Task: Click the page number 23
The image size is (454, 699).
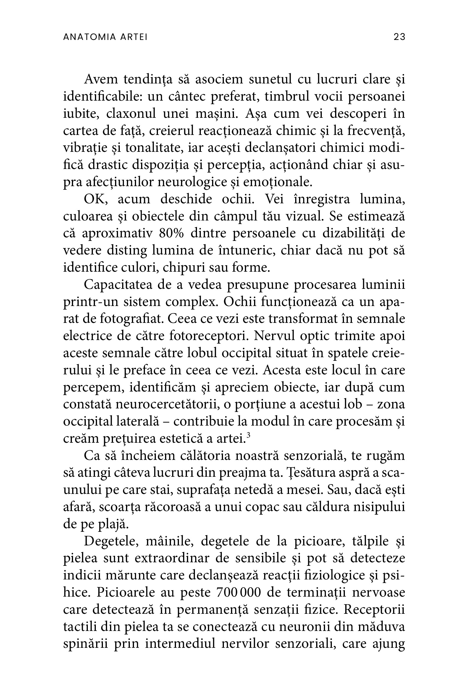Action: (399, 37)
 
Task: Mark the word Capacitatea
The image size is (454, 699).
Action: (118, 285)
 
